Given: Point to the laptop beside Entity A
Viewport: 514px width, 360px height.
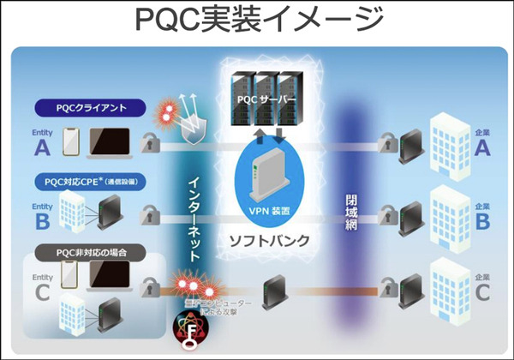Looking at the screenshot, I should [109, 142].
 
